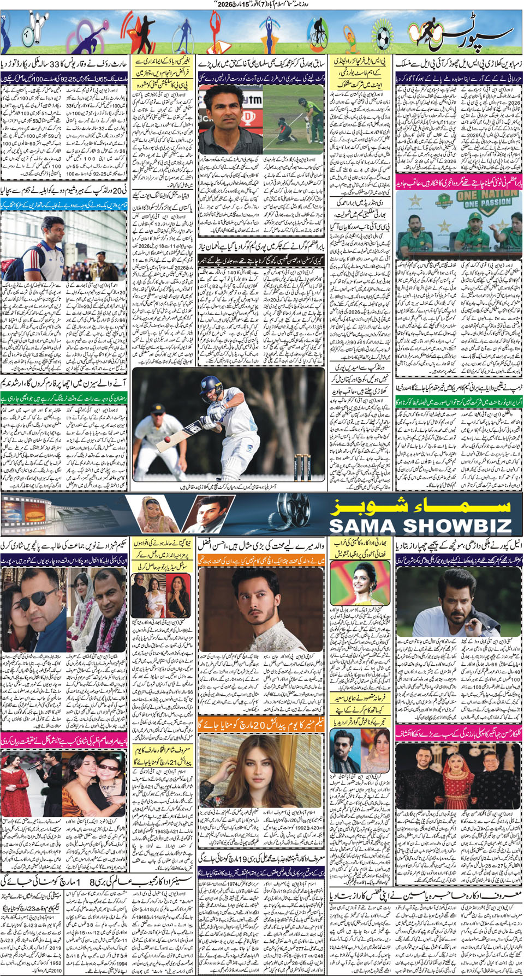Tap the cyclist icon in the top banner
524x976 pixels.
click(317, 33)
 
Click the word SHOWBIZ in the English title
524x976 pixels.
click(442, 526)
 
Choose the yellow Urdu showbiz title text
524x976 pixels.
click(420, 507)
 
